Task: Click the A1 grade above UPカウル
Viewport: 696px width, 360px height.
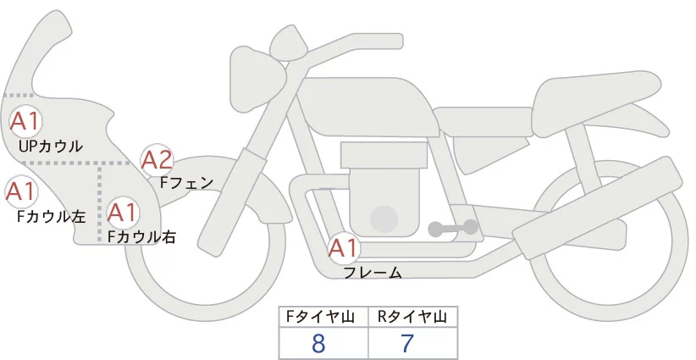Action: tap(25, 121)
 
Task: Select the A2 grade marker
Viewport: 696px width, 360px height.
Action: tap(157, 159)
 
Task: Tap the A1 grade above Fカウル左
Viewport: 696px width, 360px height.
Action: tap(20, 192)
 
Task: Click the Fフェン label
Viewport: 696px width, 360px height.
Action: tap(186, 181)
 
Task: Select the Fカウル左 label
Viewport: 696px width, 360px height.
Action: tap(51, 216)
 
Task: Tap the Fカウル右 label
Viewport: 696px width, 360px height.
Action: tap(141, 237)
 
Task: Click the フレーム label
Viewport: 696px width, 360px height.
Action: tap(373, 273)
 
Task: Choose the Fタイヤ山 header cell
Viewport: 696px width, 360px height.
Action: tap(323, 317)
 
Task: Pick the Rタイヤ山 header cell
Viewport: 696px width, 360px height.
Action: tap(413, 317)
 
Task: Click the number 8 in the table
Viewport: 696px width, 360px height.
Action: tap(319, 344)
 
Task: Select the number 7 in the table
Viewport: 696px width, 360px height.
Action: tap(407, 344)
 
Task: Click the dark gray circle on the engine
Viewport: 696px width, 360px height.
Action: tap(385, 219)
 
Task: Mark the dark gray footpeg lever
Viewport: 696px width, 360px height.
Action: tap(453, 228)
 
